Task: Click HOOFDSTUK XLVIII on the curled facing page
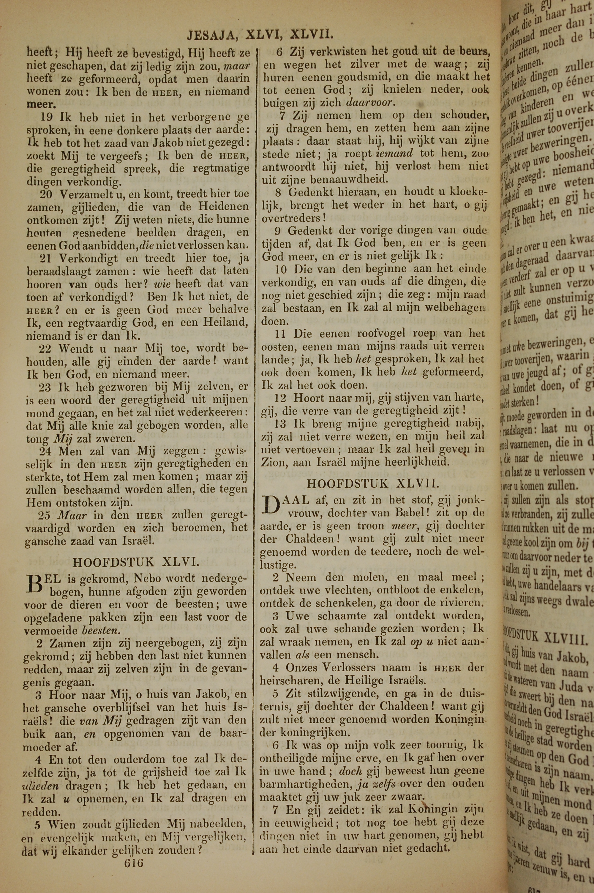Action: (x=546, y=638)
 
